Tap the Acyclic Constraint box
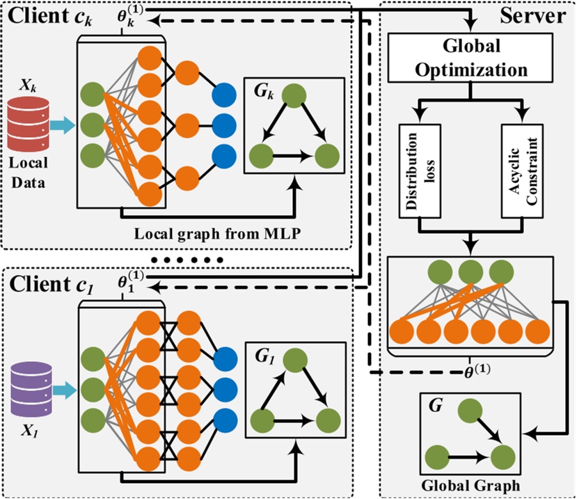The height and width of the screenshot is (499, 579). tap(522, 170)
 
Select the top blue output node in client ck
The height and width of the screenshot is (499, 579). tap(225, 94)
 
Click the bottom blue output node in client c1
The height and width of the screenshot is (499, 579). tap(225, 420)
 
